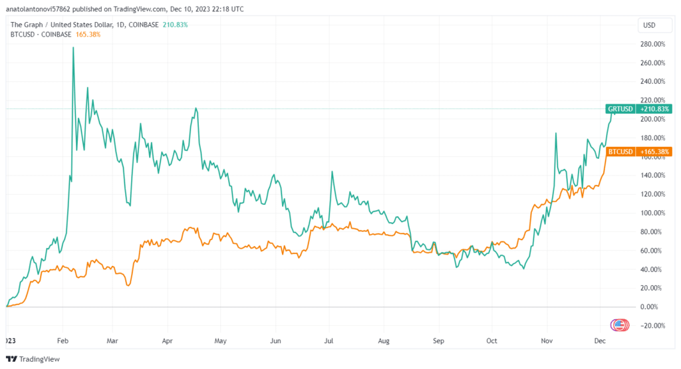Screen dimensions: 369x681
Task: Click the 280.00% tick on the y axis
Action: coord(653,44)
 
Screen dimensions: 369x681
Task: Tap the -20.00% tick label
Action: coord(654,325)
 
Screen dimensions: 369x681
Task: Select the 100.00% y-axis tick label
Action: coord(653,213)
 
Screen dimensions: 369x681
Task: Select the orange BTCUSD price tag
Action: coord(620,152)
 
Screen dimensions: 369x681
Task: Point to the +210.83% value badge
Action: coord(654,108)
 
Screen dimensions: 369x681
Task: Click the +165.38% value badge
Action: coord(654,152)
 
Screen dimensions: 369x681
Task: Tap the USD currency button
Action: coord(649,25)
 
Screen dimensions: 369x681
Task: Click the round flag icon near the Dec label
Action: coord(619,324)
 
